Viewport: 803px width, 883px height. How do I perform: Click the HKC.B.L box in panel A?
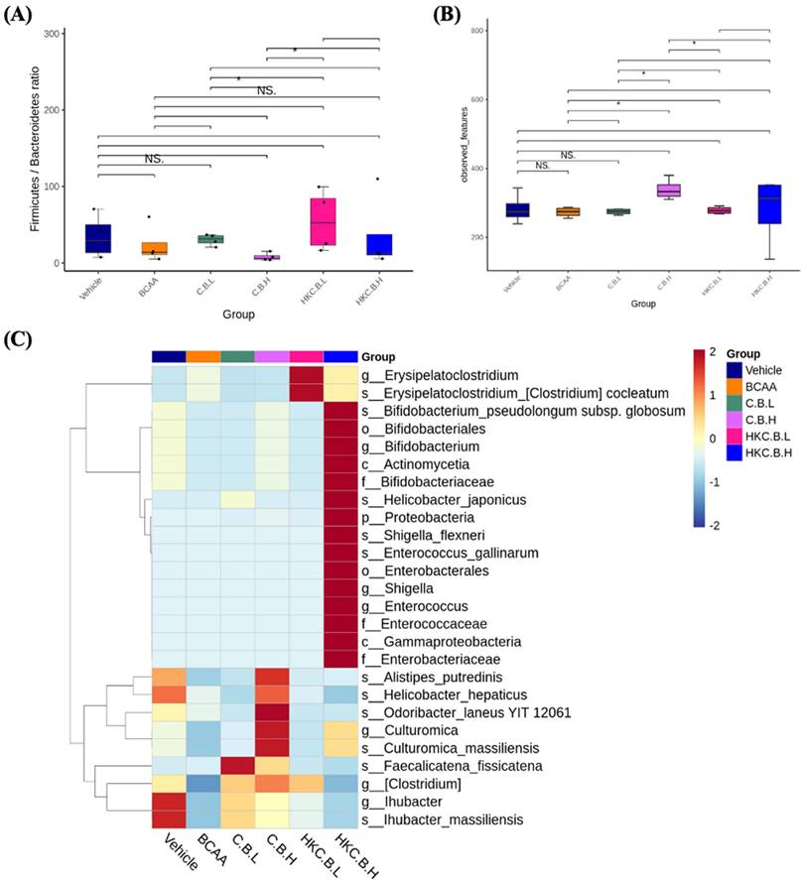[321, 220]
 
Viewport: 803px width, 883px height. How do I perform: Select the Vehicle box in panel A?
[98, 239]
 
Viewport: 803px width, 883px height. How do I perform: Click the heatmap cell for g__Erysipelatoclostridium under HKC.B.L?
[306, 374]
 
